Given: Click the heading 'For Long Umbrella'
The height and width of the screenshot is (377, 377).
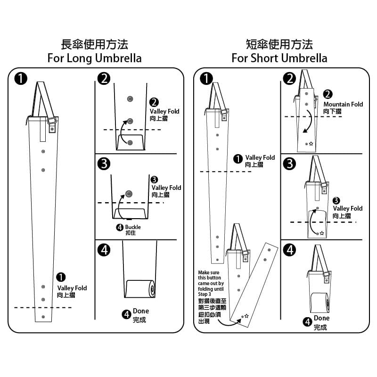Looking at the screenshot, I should [x=94, y=58].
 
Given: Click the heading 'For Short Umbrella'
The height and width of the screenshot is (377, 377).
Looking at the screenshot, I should [x=279, y=58].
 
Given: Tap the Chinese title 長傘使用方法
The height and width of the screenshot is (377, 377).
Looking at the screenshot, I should [x=94, y=45].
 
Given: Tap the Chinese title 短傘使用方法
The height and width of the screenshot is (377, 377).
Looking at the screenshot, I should [x=279, y=45].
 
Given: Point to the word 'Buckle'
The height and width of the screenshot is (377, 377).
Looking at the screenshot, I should [x=133, y=227].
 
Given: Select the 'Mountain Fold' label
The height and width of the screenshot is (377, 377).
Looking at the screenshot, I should [x=343, y=104].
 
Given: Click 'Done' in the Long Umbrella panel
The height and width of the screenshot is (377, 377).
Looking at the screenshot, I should [x=141, y=311].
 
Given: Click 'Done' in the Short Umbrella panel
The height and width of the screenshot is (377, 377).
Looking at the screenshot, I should [x=322, y=318].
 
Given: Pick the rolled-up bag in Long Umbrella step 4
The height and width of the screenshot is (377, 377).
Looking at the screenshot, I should [x=140, y=288].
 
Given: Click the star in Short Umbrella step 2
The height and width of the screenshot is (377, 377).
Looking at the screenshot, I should [x=311, y=143].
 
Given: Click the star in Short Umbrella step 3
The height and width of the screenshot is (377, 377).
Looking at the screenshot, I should [x=322, y=233].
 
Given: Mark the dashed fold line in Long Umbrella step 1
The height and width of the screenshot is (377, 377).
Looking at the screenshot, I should [x=43, y=308].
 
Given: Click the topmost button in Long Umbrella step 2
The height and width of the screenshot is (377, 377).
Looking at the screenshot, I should [x=130, y=99].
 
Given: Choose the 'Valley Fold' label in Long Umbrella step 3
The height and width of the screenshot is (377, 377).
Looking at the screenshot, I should [x=166, y=188].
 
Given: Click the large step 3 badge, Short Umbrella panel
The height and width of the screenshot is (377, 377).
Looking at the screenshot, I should [x=289, y=164].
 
